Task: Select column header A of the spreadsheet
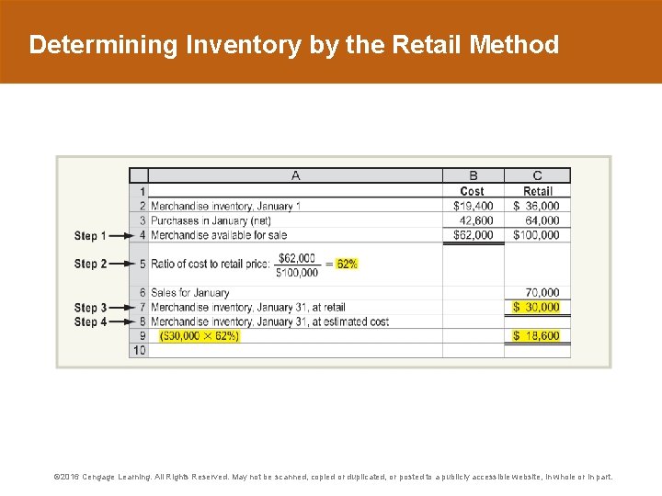coord(295,175)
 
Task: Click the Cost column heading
coord(473,191)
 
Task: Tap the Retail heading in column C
coord(538,191)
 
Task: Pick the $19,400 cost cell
coord(474,206)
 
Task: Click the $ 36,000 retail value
coord(537,206)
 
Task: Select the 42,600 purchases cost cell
coord(476,220)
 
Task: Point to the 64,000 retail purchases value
coord(542,220)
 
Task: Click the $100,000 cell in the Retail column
coord(537,235)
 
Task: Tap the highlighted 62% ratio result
coord(347,264)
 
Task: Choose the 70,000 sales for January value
coord(542,293)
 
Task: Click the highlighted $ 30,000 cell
coord(537,307)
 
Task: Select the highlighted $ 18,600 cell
coord(537,336)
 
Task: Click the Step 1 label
coord(90,236)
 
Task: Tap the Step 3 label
coord(90,308)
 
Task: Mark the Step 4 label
coord(90,322)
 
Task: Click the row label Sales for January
coord(190,293)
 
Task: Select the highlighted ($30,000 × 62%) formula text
coord(200,336)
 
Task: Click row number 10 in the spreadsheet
coord(139,350)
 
